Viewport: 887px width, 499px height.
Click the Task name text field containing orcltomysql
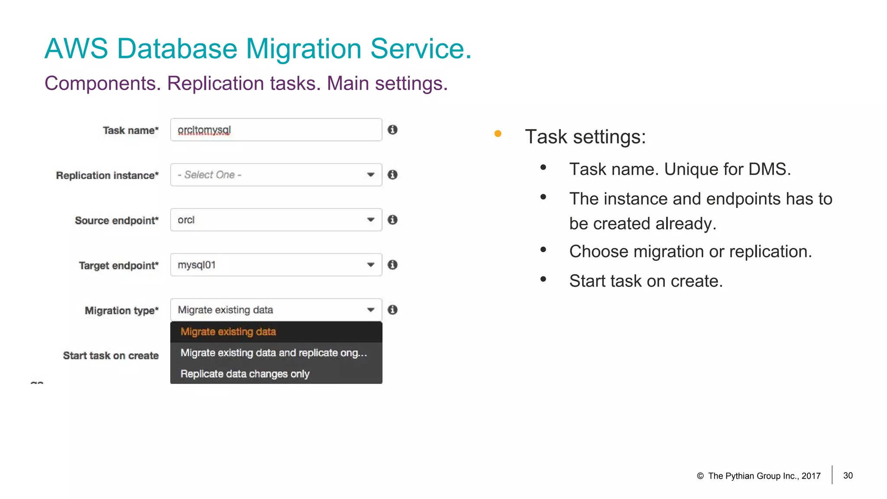[x=276, y=130]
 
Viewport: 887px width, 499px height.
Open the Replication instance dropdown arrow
[x=370, y=175]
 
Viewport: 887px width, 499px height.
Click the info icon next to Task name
[x=392, y=130]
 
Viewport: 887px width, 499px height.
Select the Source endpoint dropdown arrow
[x=370, y=220]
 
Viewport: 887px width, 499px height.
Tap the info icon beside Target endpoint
[x=392, y=265]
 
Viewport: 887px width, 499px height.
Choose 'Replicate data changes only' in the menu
[x=245, y=374]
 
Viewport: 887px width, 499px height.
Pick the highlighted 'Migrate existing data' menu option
[x=228, y=332]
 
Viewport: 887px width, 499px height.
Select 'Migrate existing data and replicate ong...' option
[x=274, y=353]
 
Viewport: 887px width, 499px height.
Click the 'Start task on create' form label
[x=111, y=356]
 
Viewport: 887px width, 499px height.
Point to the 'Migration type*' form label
[x=122, y=311]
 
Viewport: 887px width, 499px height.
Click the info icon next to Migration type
[x=392, y=310]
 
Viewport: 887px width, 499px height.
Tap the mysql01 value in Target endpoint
[x=197, y=265]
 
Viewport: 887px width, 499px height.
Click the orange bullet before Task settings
[x=498, y=134]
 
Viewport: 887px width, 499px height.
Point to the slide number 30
[x=848, y=476]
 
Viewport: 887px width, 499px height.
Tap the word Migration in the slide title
[x=303, y=49]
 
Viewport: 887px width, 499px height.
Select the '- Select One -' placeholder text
[x=210, y=175]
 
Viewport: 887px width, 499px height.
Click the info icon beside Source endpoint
[x=392, y=220]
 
